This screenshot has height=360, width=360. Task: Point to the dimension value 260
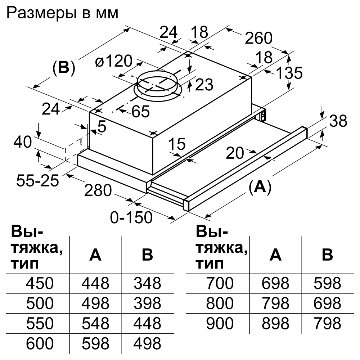258,39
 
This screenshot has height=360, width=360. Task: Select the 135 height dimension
289,74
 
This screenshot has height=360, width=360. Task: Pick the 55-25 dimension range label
37,181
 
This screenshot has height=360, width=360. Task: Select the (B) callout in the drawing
63,68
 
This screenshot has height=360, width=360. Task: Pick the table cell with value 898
275,324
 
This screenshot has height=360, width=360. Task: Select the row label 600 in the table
40,344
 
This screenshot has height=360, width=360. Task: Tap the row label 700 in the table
220,284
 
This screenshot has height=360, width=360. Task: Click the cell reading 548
95,324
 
